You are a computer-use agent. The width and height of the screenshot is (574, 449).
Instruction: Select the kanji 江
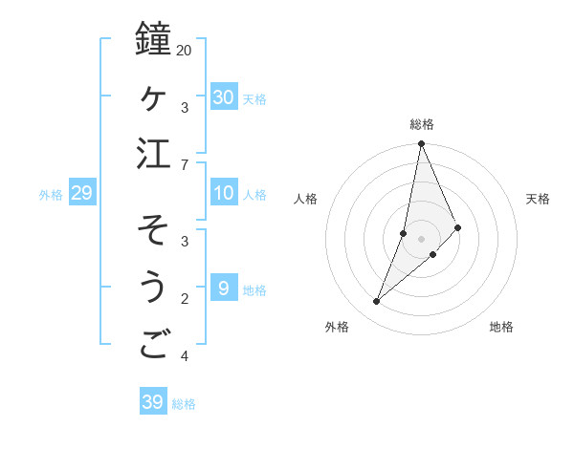154,155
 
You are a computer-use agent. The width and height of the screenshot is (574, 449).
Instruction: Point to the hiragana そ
153,229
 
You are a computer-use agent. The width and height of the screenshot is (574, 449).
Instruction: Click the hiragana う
153,288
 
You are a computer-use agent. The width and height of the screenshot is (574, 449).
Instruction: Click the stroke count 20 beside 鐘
184,50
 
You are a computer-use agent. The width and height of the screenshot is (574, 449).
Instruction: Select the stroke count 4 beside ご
184,357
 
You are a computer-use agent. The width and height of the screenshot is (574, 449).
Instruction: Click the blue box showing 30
223,96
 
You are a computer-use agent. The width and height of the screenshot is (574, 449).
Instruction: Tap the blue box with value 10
223,193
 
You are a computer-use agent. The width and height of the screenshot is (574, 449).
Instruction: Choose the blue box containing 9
223,289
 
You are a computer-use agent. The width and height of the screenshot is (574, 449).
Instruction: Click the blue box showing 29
81,193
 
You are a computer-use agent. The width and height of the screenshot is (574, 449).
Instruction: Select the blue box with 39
152,402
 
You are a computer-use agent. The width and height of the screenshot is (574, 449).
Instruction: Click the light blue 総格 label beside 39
184,404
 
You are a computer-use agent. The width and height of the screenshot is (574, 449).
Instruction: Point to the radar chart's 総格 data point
421,144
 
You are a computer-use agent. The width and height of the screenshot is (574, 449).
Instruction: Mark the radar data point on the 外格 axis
377,302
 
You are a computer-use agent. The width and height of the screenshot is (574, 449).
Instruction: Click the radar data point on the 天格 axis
458,227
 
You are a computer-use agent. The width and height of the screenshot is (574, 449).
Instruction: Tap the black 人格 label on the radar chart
305,199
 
